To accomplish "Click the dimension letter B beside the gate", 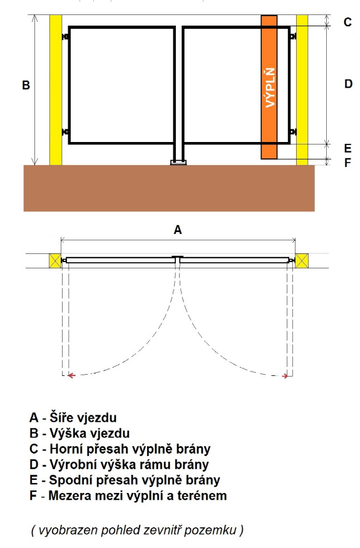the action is (x=26, y=85).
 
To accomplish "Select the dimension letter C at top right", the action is (x=347, y=22).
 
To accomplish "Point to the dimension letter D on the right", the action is (x=348, y=84).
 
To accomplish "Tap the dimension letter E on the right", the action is (x=347, y=148).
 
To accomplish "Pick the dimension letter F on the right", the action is (x=347, y=163).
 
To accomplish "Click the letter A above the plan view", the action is (x=178, y=230).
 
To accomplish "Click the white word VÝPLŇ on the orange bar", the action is (x=270, y=88).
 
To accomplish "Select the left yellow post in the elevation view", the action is (x=56, y=90).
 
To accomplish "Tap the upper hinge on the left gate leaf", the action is (x=65, y=37).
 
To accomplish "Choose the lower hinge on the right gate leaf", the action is (x=293, y=132).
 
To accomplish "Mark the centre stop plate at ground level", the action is (x=178, y=163).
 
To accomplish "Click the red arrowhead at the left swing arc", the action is (x=71, y=375).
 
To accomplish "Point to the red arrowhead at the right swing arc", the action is (x=285, y=376).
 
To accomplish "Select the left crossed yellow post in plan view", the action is (x=55, y=261).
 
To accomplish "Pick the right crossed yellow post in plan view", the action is (x=302, y=261).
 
